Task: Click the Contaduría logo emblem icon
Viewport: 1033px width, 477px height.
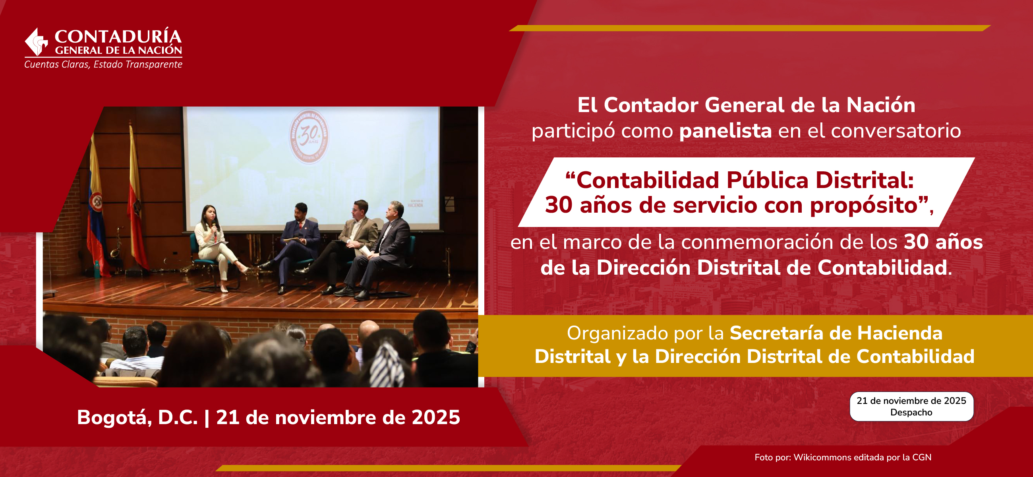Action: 37,42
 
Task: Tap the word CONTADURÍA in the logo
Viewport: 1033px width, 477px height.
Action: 118,37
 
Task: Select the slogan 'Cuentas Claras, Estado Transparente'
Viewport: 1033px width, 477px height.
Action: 103,64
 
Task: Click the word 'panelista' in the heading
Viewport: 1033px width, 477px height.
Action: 725,131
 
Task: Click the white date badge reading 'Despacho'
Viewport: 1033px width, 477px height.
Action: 911,406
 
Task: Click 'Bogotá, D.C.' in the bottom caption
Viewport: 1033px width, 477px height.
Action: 137,417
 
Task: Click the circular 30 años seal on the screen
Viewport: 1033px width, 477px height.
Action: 309,136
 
